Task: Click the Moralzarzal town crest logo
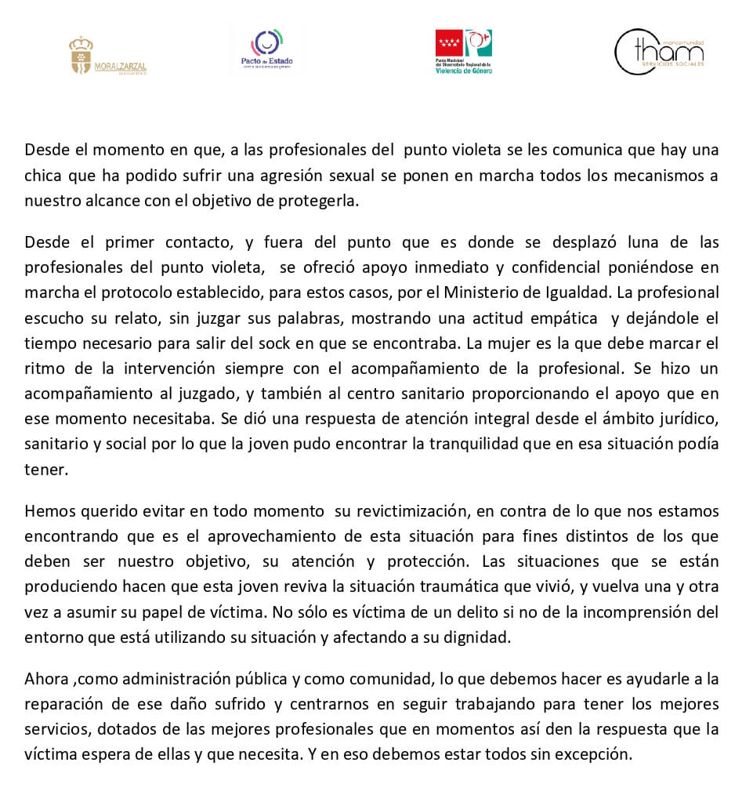coord(107,56)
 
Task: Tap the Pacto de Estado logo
coord(266,49)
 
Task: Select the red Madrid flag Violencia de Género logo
coord(464,51)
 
